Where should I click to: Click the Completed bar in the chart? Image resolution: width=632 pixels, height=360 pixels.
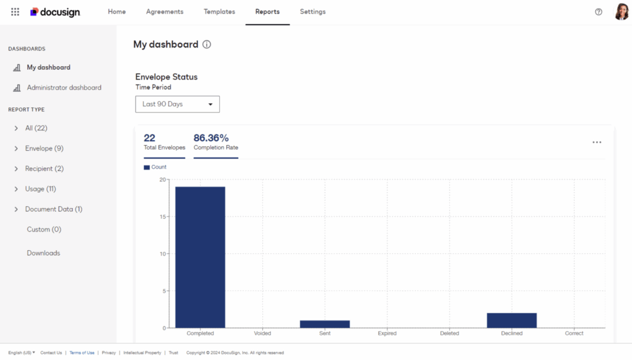pyautogui.click(x=200, y=257)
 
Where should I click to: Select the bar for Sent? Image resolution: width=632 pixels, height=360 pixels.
pyautogui.click(x=325, y=324)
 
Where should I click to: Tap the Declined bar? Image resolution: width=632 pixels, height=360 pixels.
pyautogui.click(x=512, y=320)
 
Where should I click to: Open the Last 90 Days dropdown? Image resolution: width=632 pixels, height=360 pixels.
pyautogui.click(x=177, y=104)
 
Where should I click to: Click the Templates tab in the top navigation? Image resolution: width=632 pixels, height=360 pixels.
pyautogui.click(x=219, y=12)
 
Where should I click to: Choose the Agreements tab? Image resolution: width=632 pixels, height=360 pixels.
pyautogui.click(x=165, y=12)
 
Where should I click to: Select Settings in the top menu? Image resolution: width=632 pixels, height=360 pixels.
pyautogui.click(x=312, y=12)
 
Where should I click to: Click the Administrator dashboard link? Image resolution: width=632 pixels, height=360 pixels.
pyautogui.click(x=64, y=88)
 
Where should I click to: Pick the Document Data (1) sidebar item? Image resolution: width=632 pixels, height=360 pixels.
pyautogui.click(x=54, y=209)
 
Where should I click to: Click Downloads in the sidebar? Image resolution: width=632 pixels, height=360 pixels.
pyautogui.click(x=43, y=253)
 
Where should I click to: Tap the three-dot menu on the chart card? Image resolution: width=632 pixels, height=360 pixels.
pyautogui.click(x=597, y=142)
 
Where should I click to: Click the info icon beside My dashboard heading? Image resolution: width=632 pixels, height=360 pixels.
pyautogui.click(x=207, y=44)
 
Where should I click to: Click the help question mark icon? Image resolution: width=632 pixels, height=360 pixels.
pyautogui.click(x=599, y=12)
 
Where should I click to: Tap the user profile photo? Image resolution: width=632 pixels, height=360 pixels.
pyautogui.click(x=622, y=12)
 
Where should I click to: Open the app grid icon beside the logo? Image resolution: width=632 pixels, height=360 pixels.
pyautogui.click(x=15, y=12)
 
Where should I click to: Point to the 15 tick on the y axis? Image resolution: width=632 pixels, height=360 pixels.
pyautogui.click(x=163, y=217)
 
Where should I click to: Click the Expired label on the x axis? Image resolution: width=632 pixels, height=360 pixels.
pyautogui.click(x=387, y=333)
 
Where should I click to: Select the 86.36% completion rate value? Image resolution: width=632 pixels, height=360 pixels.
pyautogui.click(x=211, y=138)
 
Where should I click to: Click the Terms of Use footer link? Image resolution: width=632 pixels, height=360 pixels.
pyautogui.click(x=82, y=353)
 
